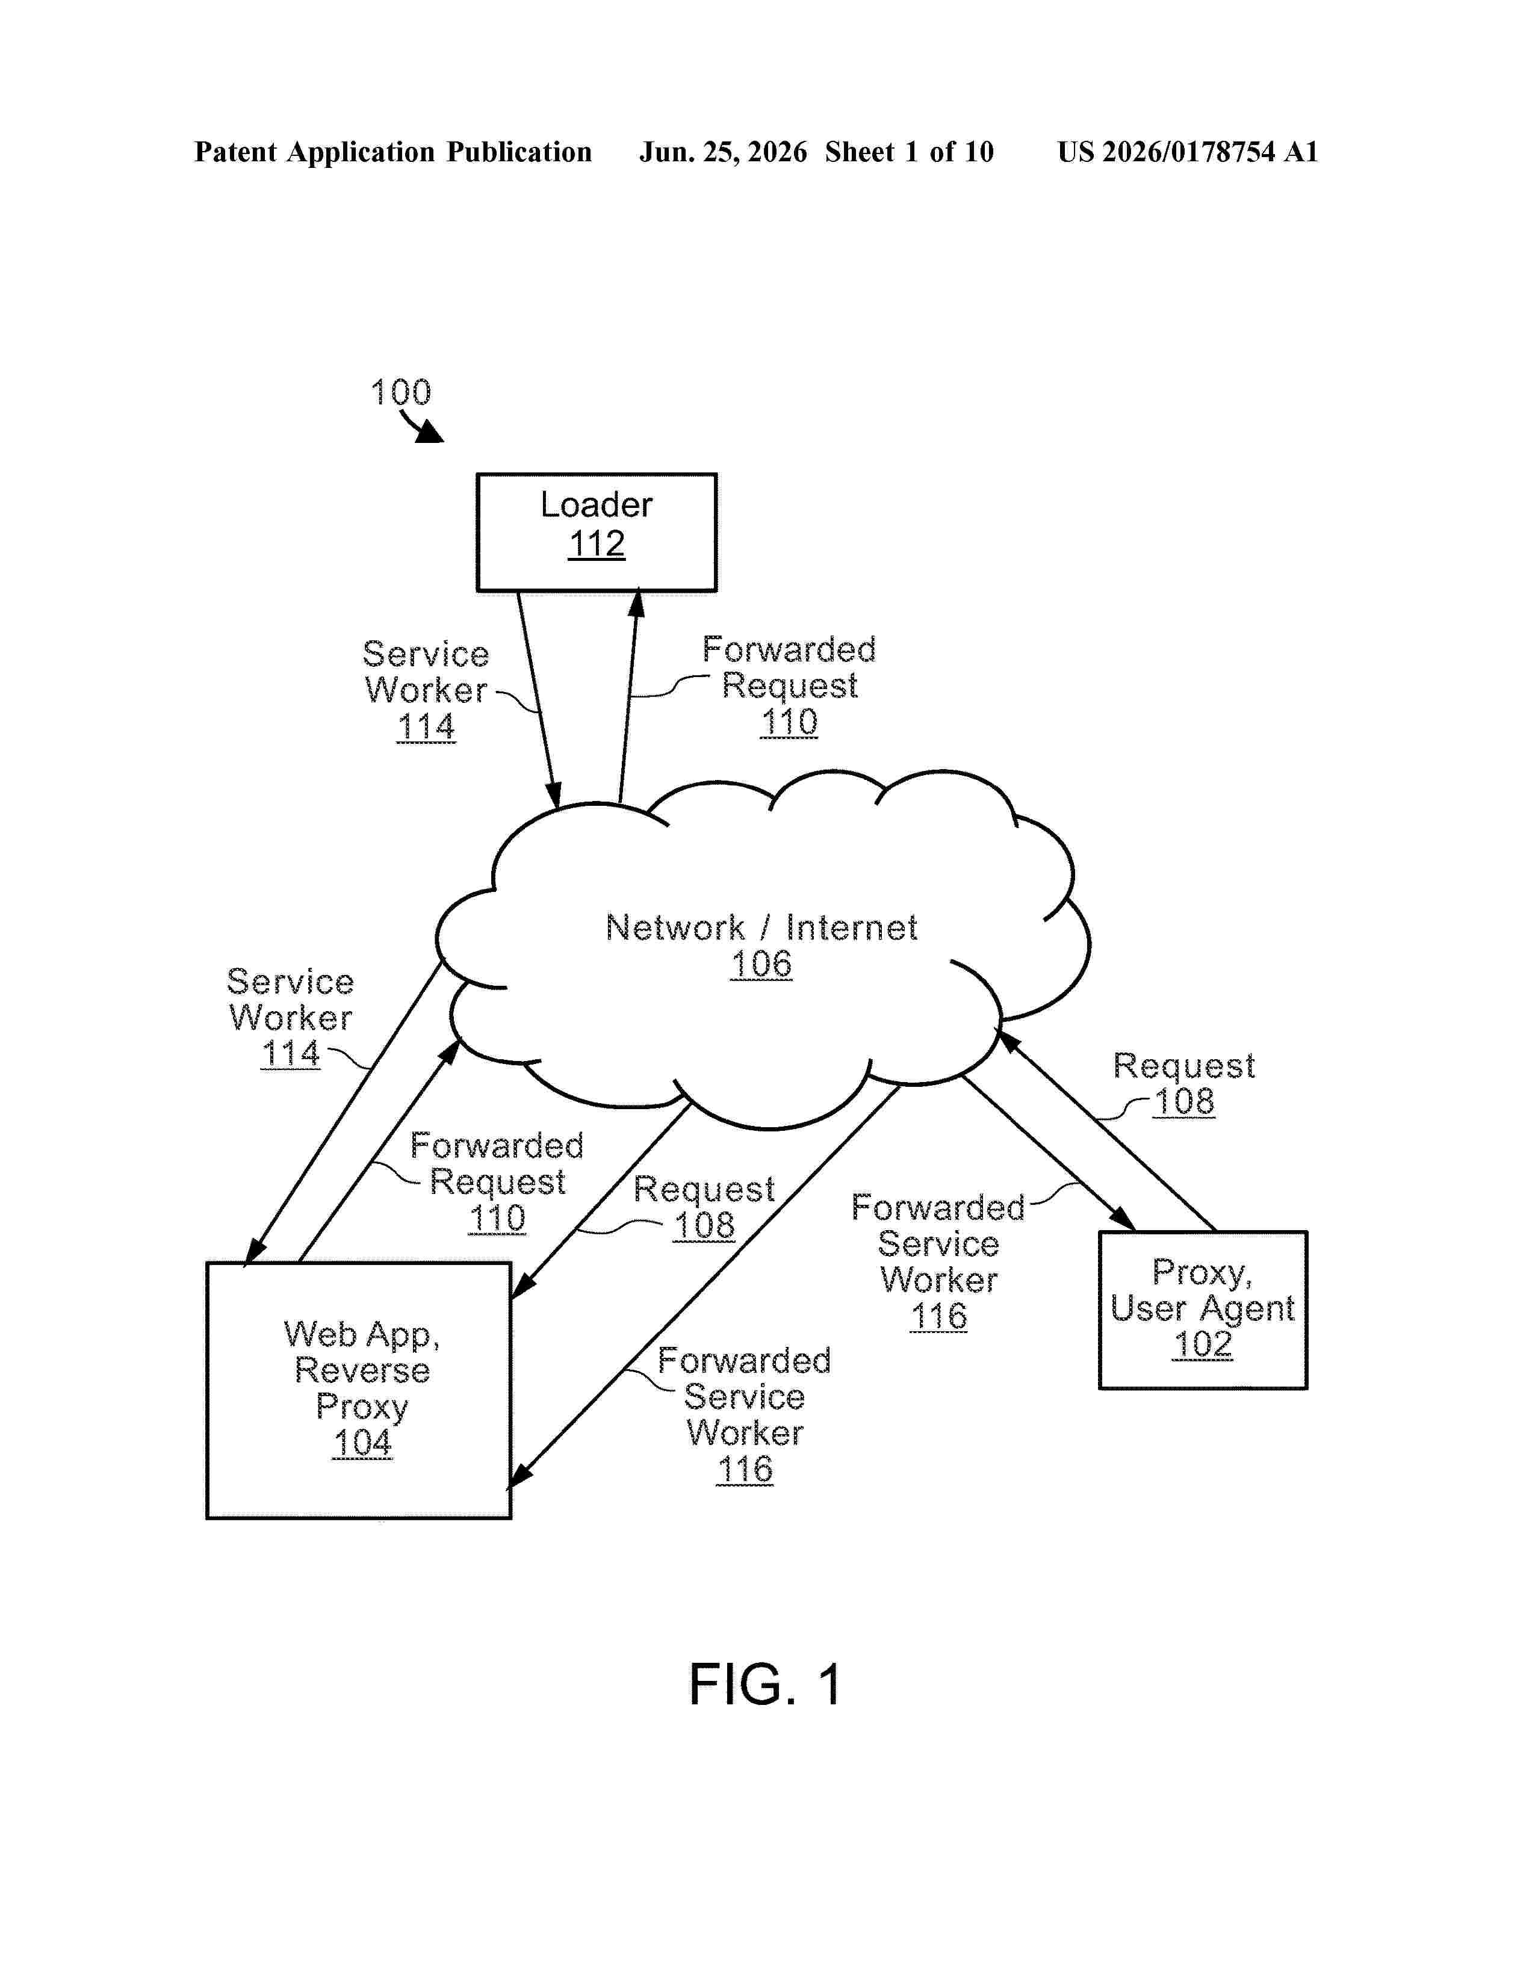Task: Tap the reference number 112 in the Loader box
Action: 597,544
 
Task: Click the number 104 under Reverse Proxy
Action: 362,1443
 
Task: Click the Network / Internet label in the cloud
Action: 761,927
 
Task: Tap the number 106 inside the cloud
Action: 761,964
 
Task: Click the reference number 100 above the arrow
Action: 400,393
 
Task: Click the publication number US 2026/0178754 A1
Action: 1188,152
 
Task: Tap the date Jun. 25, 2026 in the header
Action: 723,152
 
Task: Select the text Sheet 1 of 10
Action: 910,152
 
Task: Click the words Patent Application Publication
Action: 393,152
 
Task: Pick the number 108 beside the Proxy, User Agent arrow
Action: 1184,1102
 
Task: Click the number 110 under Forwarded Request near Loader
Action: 789,722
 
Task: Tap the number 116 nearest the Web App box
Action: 745,1470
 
